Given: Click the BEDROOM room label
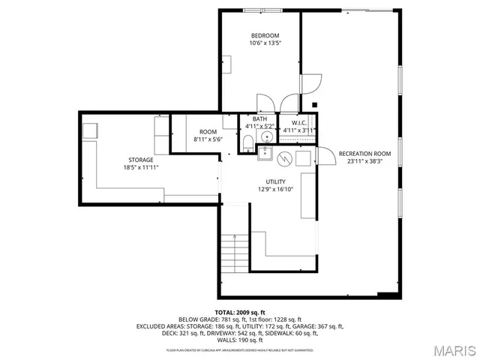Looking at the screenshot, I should (x=265, y=36).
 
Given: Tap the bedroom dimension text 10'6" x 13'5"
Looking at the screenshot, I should (x=265, y=43).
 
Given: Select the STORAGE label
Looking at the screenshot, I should (x=140, y=160).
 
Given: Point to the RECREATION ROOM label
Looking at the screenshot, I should (x=364, y=154).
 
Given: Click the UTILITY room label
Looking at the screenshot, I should (x=275, y=182).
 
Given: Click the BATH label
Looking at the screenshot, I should (x=259, y=118).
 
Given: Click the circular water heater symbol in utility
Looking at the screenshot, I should (x=285, y=159).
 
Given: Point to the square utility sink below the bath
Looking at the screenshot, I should (x=265, y=154).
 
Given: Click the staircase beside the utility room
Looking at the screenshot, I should (x=235, y=254).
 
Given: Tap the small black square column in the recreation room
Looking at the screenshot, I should (x=315, y=104).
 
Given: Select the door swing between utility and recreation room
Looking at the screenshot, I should (x=324, y=156).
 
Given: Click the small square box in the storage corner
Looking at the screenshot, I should (x=90, y=130).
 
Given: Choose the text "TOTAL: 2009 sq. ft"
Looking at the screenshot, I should (x=240, y=311).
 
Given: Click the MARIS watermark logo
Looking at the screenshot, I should (x=453, y=349).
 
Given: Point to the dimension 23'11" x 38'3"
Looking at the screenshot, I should (x=364, y=161).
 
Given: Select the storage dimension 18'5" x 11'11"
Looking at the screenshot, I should (x=140, y=167).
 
